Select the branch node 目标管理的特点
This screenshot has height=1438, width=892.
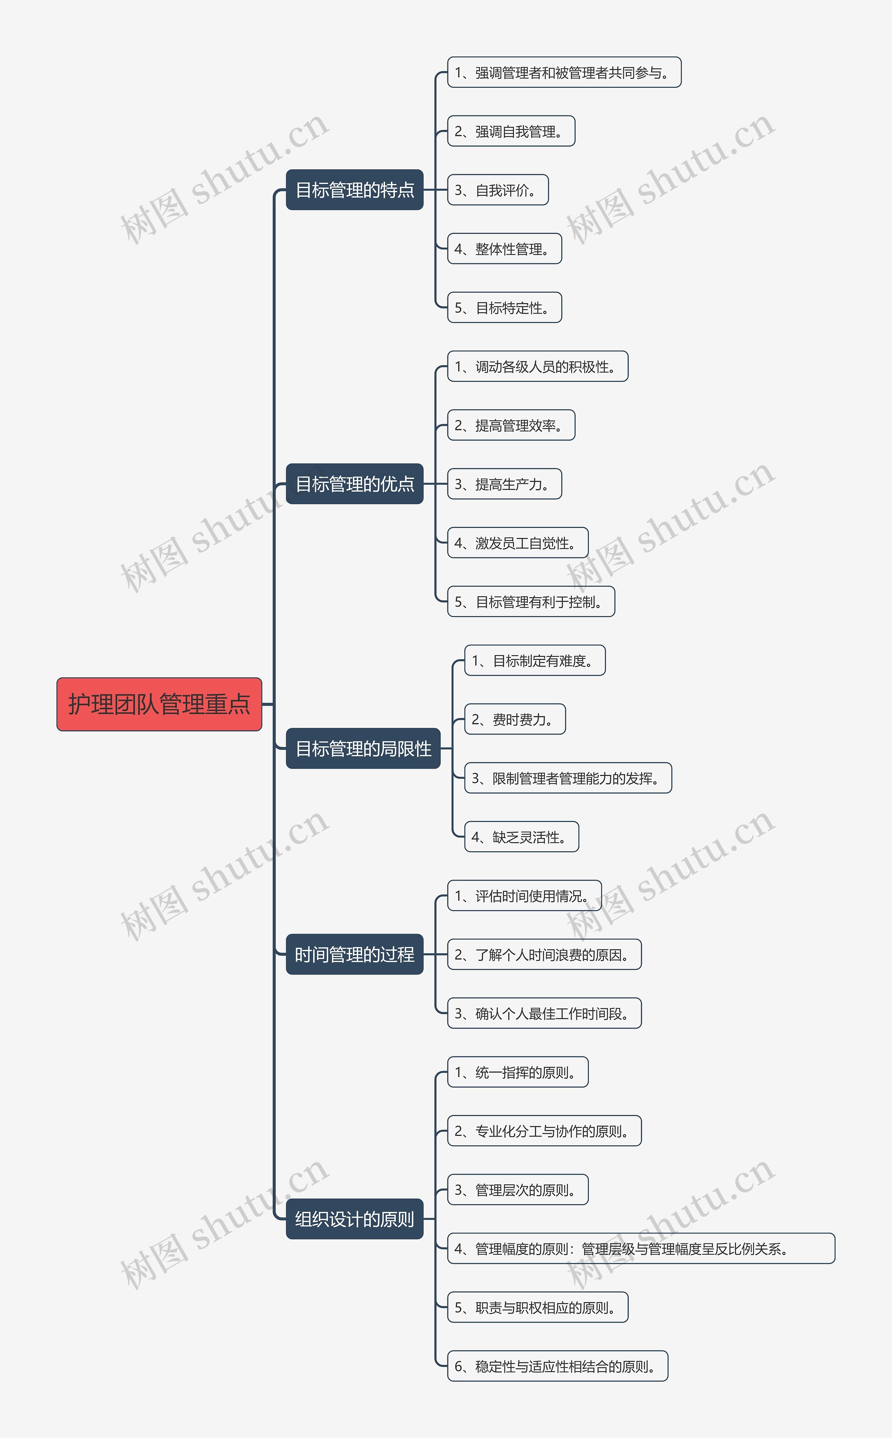point(355,190)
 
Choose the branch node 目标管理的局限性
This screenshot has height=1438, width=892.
point(363,748)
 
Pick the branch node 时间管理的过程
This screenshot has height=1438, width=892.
point(355,954)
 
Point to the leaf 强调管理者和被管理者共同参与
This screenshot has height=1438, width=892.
point(564,72)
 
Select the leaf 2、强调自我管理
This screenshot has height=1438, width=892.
point(511,131)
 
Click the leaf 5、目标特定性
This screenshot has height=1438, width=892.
point(505,307)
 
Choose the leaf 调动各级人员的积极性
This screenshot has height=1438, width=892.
point(537,366)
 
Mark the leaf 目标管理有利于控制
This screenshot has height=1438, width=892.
point(531,602)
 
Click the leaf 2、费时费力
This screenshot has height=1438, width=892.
point(515,719)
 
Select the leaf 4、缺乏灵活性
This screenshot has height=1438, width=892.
point(522,836)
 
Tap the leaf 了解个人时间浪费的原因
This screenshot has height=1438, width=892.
point(544,954)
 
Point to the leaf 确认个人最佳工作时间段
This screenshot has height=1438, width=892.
point(544,1013)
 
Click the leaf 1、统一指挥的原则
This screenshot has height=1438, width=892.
point(517,1072)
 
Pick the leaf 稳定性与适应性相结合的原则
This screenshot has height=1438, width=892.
point(557,1366)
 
